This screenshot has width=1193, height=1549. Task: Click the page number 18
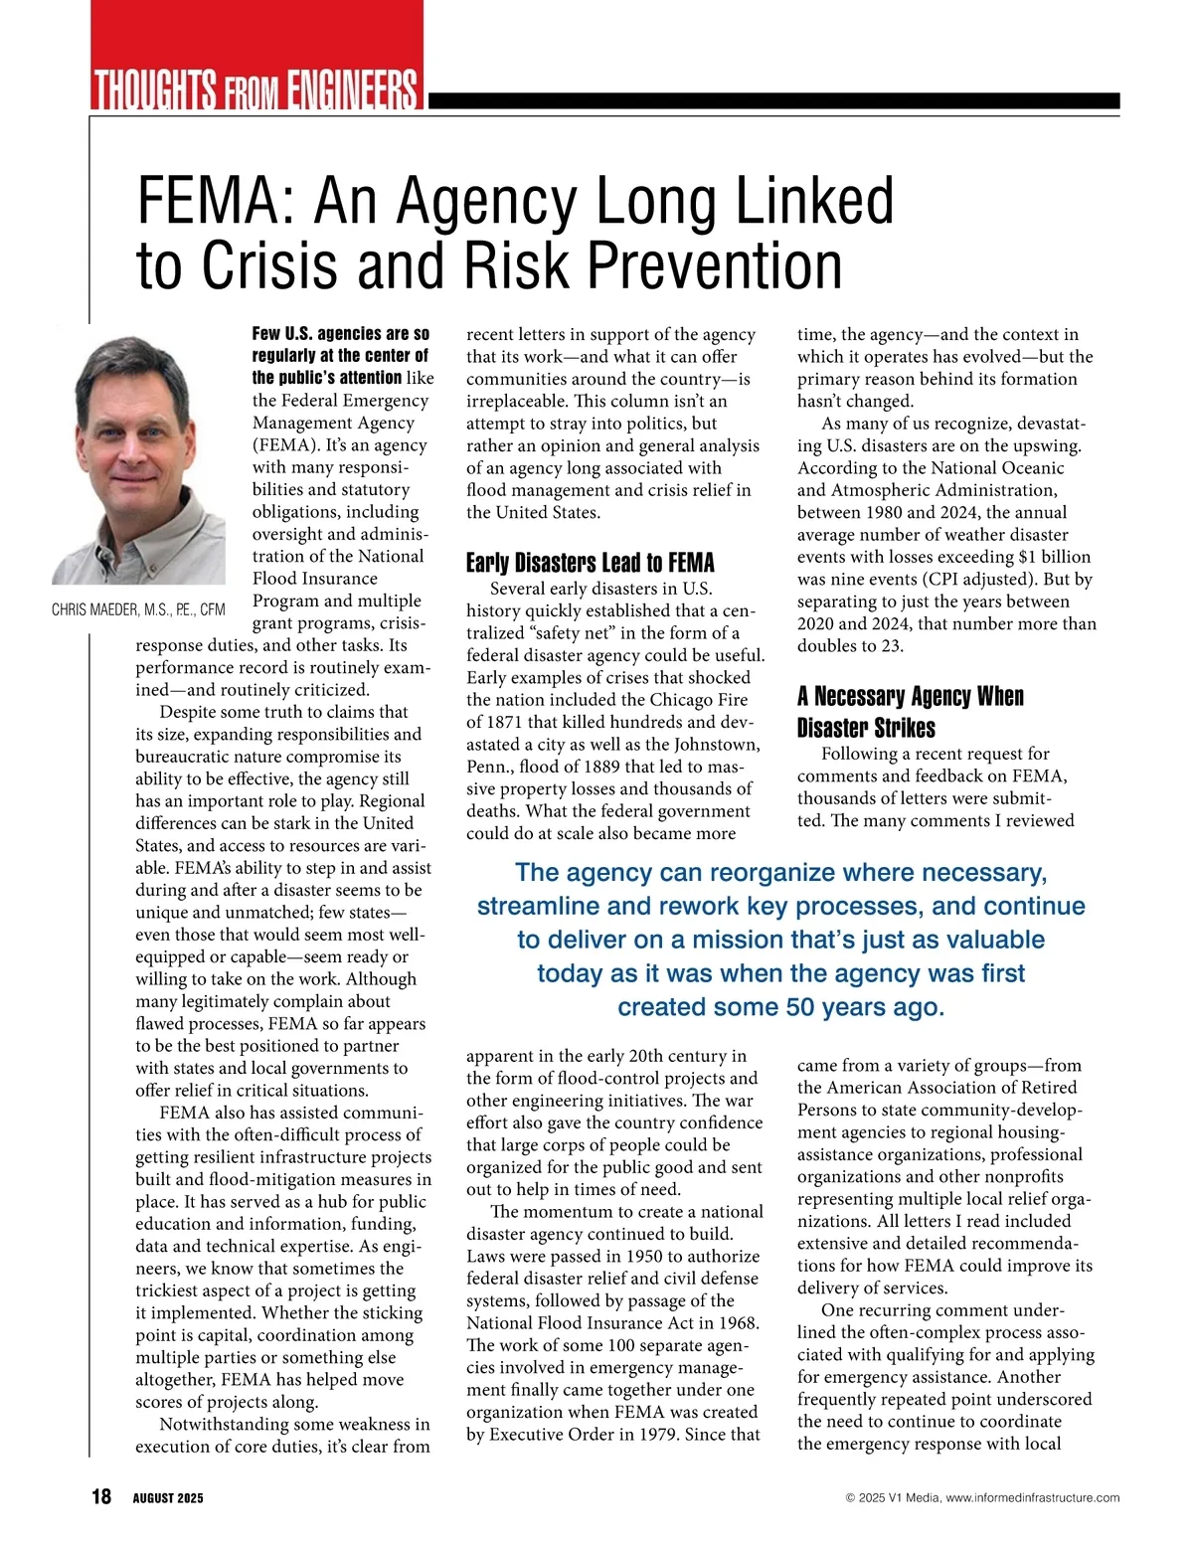[x=101, y=1496]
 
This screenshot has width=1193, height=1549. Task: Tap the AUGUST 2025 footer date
[x=168, y=1498]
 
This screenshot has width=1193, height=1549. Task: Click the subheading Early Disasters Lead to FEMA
[x=591, y=563]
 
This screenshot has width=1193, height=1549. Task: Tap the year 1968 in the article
[x=737, y=1322]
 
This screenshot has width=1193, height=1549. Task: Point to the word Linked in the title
[x=814, y=201]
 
